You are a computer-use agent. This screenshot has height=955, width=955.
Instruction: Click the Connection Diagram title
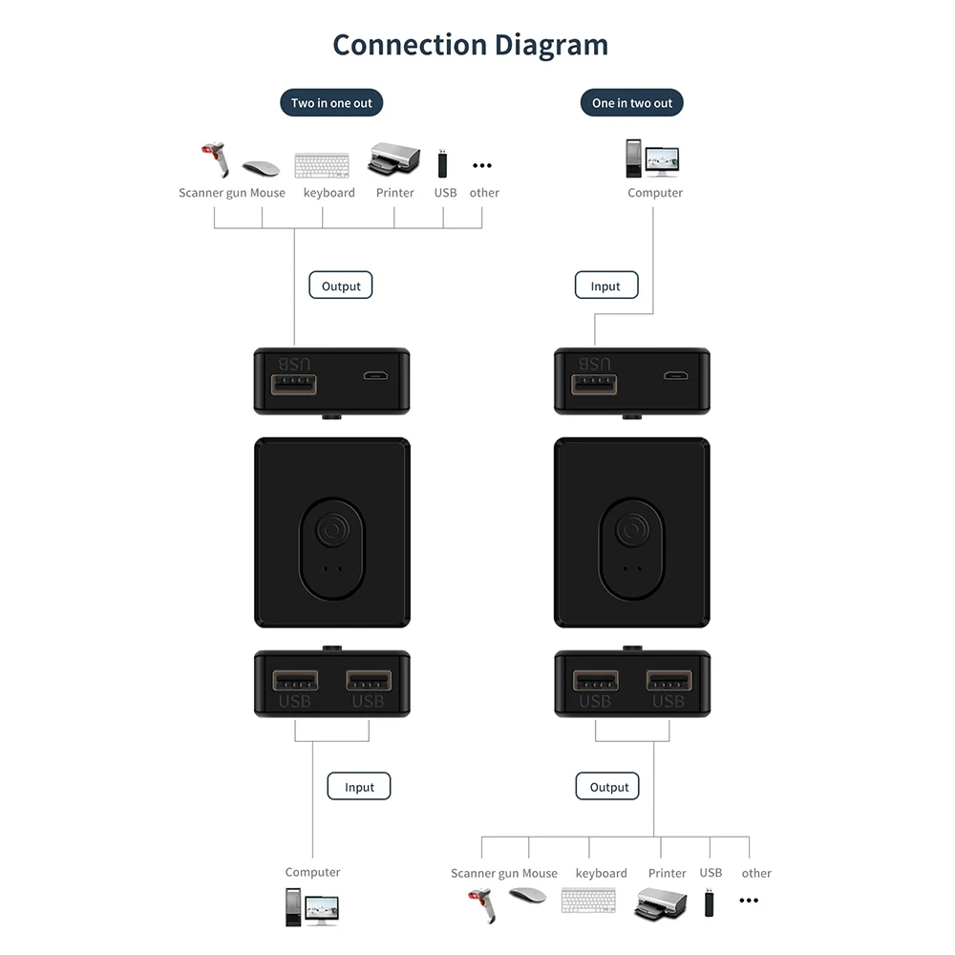(470, 45)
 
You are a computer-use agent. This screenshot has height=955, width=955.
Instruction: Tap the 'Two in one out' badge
(331, 103)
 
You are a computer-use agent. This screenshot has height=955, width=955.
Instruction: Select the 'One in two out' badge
(631, 103)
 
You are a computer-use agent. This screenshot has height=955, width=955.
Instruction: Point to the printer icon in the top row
(393, 159)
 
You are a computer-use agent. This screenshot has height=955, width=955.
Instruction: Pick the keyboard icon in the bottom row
(588, 901)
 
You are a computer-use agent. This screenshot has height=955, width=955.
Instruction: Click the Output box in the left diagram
(341, 286)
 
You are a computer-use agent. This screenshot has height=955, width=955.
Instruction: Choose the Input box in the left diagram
(359, 787)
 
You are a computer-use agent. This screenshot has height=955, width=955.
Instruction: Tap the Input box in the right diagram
(605, 286)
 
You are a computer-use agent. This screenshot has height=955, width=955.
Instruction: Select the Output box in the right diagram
(608, 787)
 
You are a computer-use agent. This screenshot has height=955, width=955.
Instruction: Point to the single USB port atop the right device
(594, 384)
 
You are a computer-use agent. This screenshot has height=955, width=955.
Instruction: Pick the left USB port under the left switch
(295, 682)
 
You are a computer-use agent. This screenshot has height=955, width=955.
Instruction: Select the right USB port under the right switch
(668, 682)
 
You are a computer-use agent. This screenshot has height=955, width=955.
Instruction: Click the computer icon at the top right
(653, 159)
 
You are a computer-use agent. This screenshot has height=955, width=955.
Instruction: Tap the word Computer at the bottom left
(312, 872)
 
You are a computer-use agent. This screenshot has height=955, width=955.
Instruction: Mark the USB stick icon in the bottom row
(710, 902)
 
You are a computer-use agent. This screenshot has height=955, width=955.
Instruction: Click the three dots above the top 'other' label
(482, 166)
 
